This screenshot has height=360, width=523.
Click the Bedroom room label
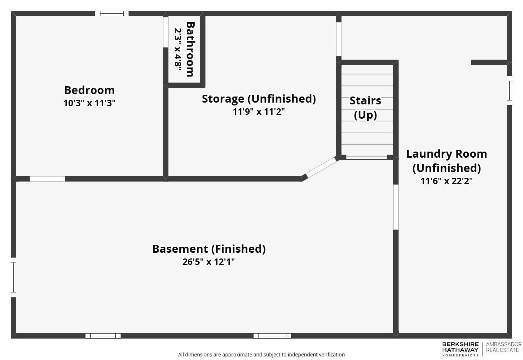[x=89, y=90]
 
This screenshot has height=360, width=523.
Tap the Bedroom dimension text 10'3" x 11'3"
[x=89, y=103]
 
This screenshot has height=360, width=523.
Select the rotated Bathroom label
[x=190, y=49]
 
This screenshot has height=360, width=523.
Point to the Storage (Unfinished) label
[x=259, y=99]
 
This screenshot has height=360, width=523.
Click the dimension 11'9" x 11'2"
[x=259, y=112]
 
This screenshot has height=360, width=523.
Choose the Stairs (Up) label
[x=365, y=107]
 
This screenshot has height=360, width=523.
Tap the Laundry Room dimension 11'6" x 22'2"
[x=446, y=181]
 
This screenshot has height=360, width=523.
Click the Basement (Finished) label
[x=209, y=249]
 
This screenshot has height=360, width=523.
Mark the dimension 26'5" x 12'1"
[x=209, y=262]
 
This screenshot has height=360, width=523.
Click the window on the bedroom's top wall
[x=111, y=14]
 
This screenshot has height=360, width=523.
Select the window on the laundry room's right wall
[x=509, y=90]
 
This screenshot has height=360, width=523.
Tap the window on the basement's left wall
[x=13, y=277]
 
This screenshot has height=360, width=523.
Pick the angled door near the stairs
[x=321, y=167]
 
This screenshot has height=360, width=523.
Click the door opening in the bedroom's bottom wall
[x=47, y=179]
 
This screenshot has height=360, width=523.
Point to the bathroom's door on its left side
[x=165, y=32]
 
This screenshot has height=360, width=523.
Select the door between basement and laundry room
[x=395, y=207]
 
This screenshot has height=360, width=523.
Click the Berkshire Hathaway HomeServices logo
[x=460, y=349]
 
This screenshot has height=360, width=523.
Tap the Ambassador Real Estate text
[x=503, y=347]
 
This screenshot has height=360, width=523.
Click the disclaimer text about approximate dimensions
[x=261, y=355]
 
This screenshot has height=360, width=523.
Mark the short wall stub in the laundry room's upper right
[x=489, y=63]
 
